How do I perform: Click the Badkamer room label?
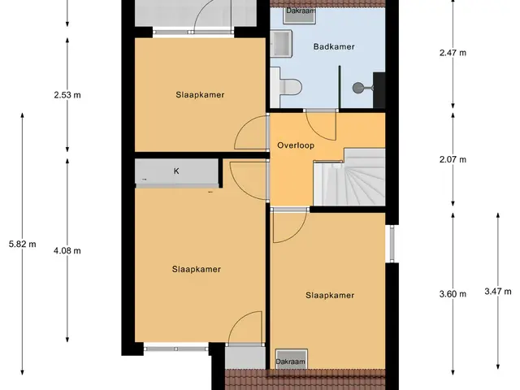pos(334,47)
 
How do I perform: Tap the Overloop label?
pos(296,145)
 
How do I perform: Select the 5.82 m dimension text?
pos(23,245)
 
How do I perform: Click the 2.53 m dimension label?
pos(67,95)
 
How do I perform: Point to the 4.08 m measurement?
pos(67,251)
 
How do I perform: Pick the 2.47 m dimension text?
pos(453,53)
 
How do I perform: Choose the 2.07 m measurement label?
pos(453,159)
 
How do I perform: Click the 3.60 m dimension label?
pos(453,294)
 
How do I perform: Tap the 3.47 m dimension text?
pos(498,292)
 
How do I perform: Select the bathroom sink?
pos(281,43)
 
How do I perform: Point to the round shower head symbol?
pos(358,88)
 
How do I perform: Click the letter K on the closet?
pos(176,171)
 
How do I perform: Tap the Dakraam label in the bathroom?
pos(301,11)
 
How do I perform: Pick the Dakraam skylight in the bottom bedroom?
pos(292,359)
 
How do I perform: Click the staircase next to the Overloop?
pos(349,177)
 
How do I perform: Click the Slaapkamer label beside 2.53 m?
pos(200,95)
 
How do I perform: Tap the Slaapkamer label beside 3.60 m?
pos(330,295)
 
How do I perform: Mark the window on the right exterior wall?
pos(392,244)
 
